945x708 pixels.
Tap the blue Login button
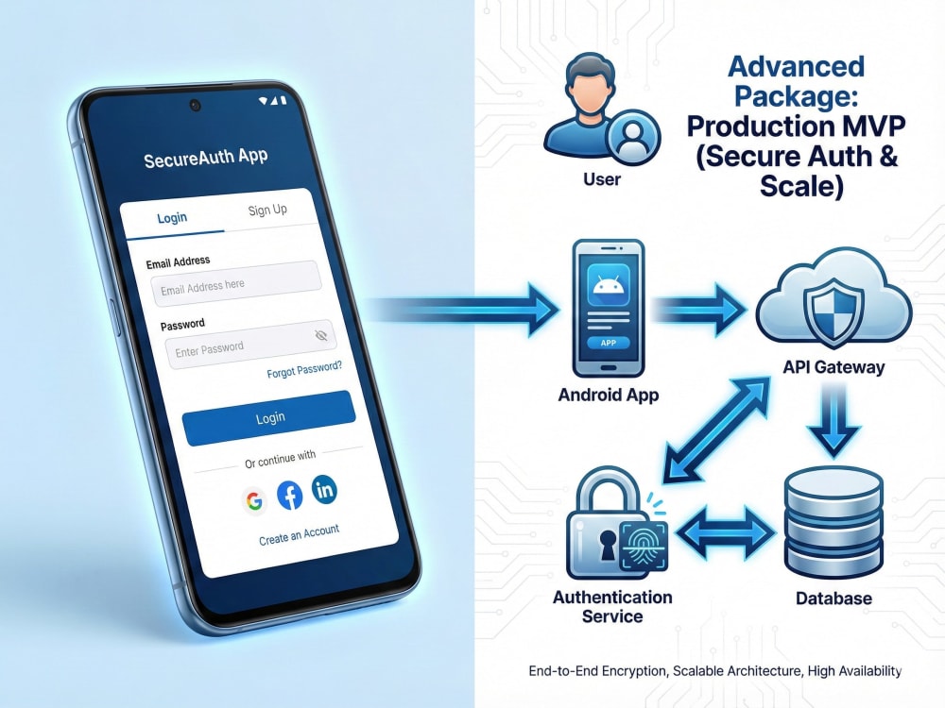[x=268, y=418]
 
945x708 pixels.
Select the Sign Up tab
[x=267, y=211]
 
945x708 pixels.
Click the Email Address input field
[x=235, y=283]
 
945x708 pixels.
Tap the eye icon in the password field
[x=321, y=335]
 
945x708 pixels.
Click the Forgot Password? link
[x=304, y=370]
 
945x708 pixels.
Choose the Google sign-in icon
[x=254, y=500]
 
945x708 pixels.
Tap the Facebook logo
[x=290, y=496]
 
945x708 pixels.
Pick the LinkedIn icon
[x=324, y=489]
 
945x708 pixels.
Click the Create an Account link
[x=299, y=534]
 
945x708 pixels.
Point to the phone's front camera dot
[x=195, y=106]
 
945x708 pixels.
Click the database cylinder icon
[x=833, y=523]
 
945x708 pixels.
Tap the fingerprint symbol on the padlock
[x=643, y=545]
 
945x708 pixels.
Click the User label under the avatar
[x=601, y=179]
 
